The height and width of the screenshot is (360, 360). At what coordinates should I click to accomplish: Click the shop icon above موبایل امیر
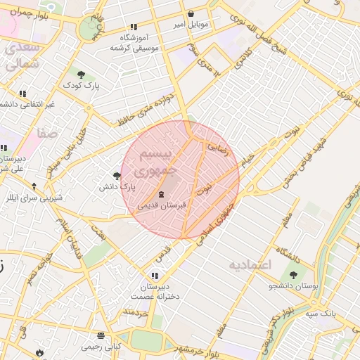191,14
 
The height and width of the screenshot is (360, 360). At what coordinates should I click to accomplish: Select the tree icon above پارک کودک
81,75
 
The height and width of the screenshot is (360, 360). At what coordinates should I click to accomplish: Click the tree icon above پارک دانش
117,176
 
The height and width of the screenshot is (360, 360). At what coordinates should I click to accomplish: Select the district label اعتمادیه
250,265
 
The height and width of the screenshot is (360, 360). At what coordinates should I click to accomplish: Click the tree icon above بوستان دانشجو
293,275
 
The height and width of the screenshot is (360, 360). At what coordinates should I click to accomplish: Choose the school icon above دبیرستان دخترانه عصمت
155,276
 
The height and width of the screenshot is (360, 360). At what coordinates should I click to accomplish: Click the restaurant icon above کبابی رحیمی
101,335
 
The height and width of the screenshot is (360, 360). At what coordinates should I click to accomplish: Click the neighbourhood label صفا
49,133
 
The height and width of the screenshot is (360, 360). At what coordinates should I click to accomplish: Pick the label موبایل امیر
192,25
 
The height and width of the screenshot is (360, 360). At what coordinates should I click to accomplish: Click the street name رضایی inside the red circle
213,147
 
